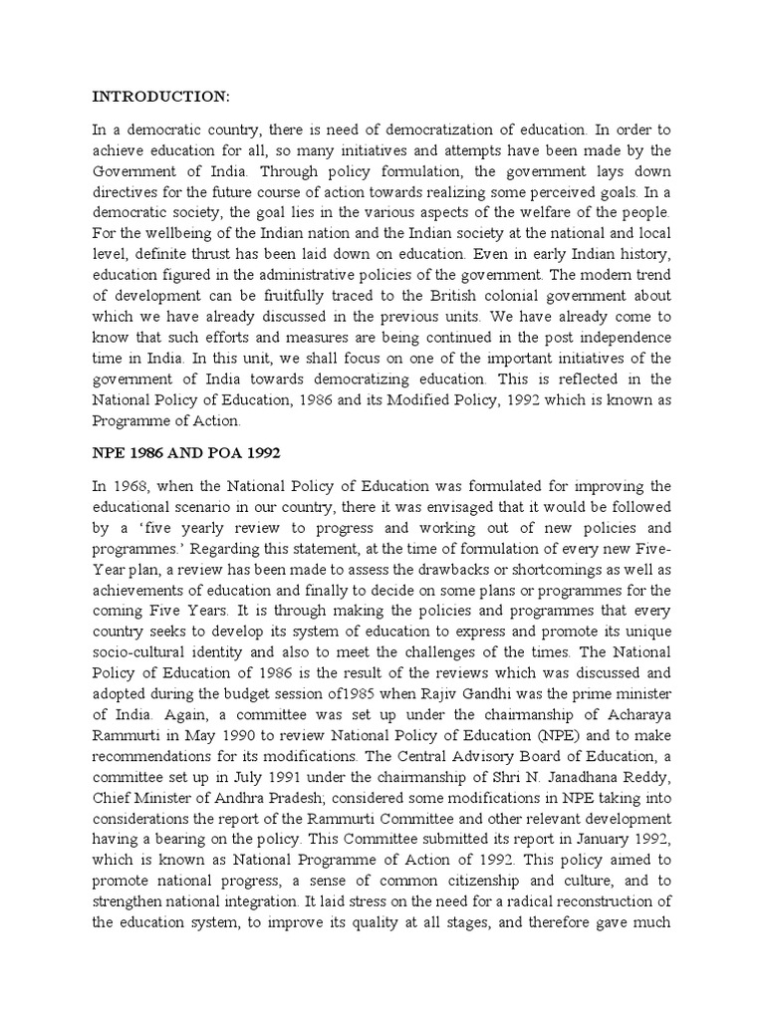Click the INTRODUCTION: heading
[x=161, y=97]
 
